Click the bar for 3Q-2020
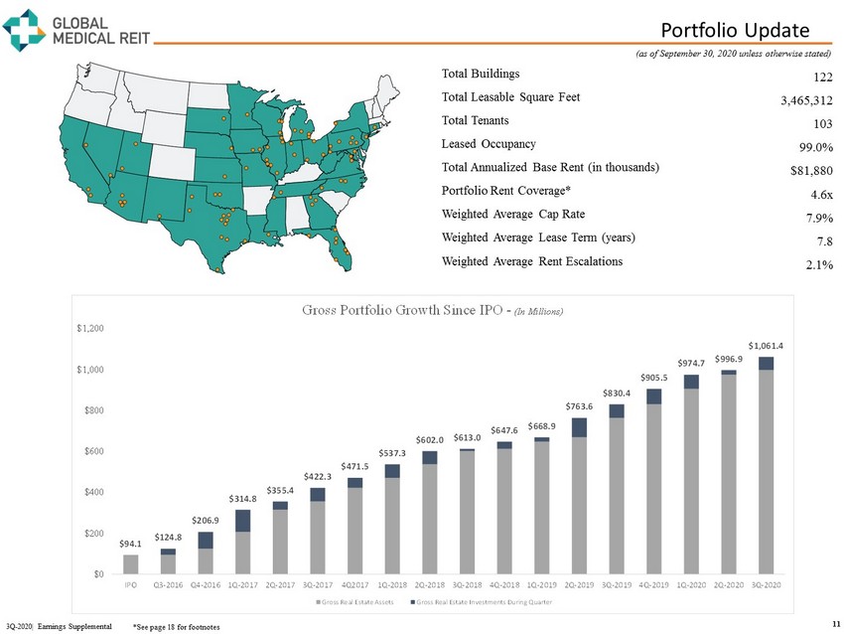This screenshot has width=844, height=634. pos(766,467)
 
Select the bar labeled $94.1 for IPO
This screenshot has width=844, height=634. pos(130,563)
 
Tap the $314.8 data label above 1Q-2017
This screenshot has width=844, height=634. pos(242,498)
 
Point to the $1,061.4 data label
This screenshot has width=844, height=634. pos(766,345)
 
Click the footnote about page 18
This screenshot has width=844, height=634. pos(176,627)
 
